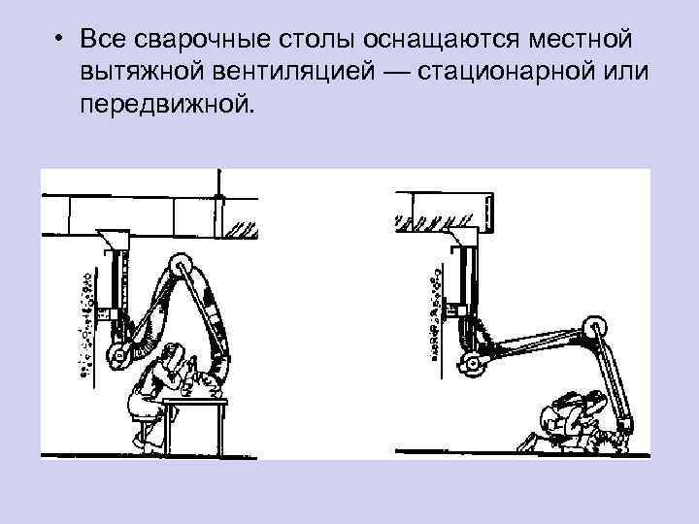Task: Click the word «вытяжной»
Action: tap(139, 73)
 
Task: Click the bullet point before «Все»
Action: tap(60, 41)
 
